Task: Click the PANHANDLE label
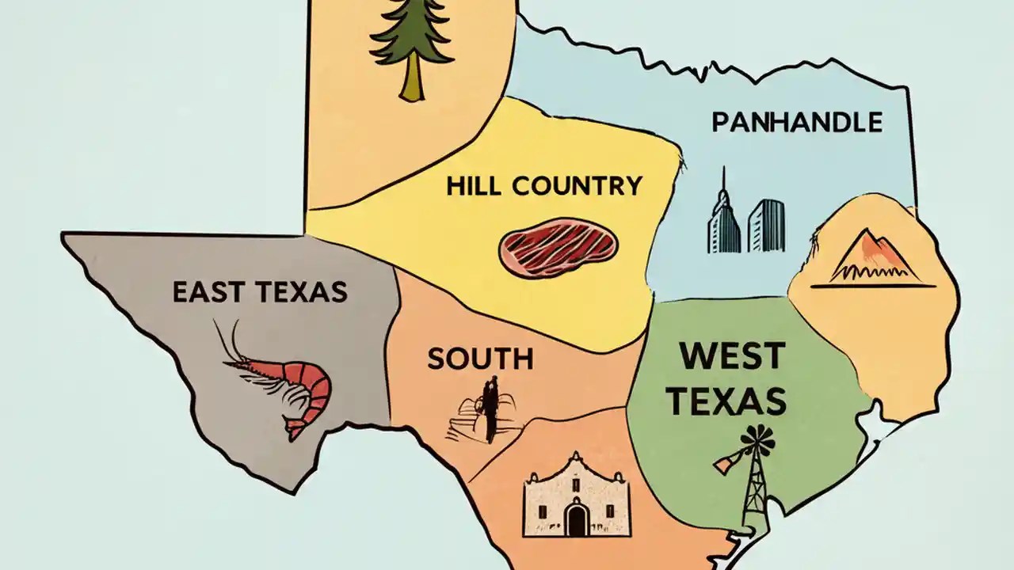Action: (796, 123)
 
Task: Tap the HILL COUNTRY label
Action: (543, 186)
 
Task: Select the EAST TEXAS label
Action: (260, 292)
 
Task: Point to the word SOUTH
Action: (480, 359)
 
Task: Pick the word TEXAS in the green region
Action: (726, 401)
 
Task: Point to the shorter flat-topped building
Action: (766, 225)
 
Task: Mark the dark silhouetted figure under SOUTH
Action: (490, 408)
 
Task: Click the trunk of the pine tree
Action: (411, 79)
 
